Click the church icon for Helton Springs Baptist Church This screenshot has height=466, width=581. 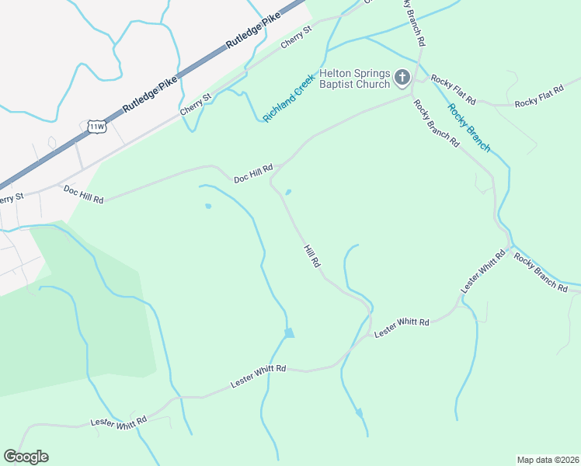click(402, 77)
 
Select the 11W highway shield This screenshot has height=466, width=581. click(96, 126)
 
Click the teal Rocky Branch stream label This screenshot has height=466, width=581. click(469, 127)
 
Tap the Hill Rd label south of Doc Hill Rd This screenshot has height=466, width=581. click(311, 255)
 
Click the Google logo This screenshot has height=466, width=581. click(26, 457)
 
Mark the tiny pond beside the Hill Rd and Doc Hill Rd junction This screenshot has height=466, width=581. click(288, 193)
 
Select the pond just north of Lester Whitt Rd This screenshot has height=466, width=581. click(289, 333)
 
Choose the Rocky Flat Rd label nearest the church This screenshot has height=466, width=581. click(454, 89)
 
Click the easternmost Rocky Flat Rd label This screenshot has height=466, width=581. click(538, 102)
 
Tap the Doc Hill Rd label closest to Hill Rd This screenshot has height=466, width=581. click(253, 174)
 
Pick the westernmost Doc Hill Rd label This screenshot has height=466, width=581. click(83, 194)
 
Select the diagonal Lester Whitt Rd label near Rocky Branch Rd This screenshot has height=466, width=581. click(477, 273)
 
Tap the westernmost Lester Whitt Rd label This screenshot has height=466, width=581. click(118, 422)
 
